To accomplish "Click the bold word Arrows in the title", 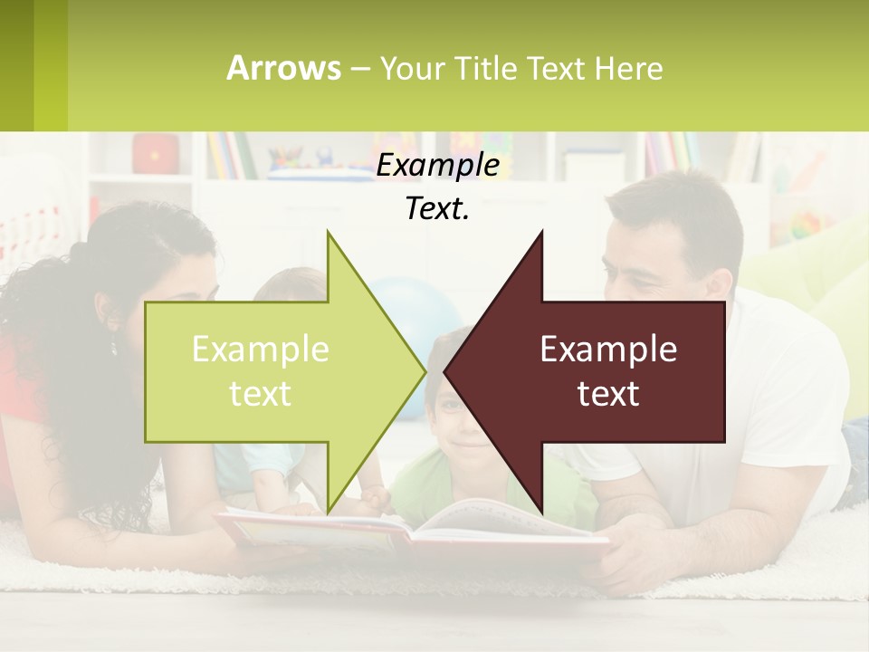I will (283, 68).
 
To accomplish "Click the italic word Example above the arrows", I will (438, 165).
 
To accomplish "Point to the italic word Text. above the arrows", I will (438, 208).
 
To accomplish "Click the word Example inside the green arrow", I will (261, 349).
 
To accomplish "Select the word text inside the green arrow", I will (261, 394).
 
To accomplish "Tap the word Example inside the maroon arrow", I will (608, 349).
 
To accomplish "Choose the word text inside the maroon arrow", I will (608, 394).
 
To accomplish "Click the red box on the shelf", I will (156, 154).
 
